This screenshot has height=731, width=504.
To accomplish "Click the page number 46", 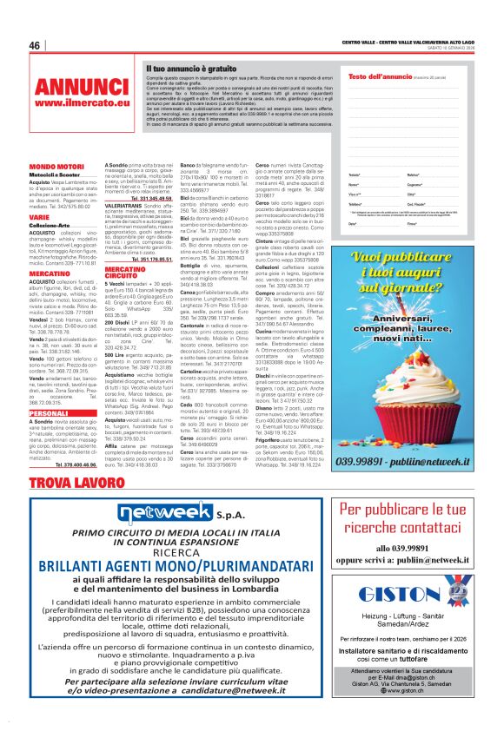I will (x=35, y=45).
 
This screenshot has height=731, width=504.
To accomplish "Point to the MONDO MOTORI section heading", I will (x=57, y=166).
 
